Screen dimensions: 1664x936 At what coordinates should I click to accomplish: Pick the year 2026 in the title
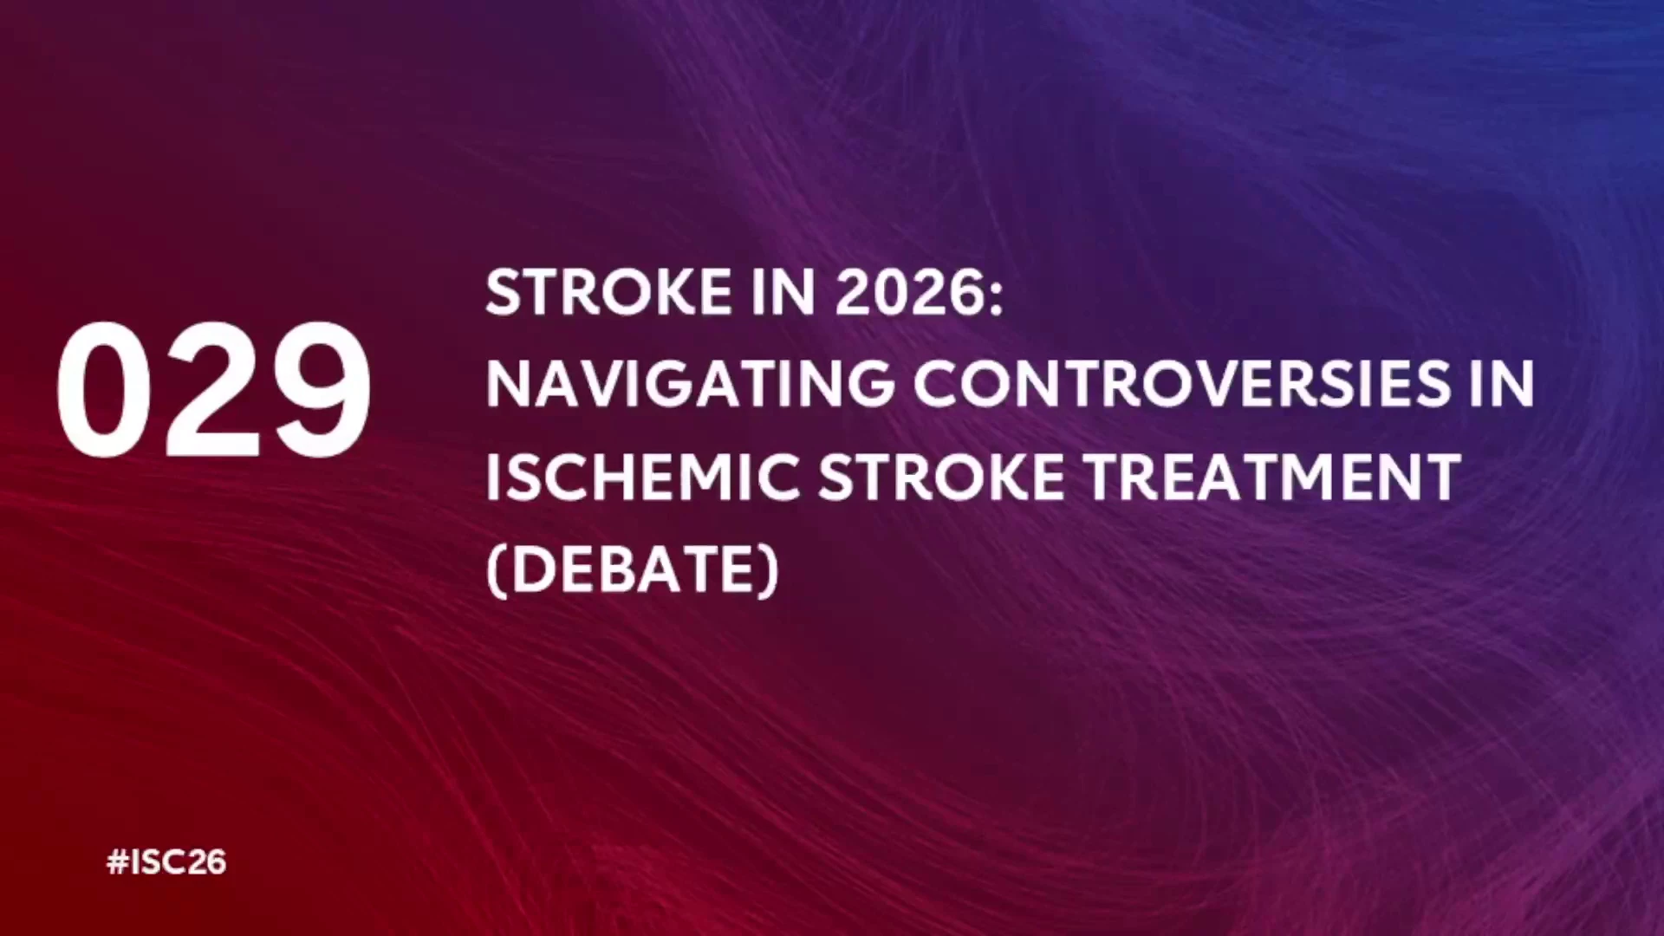[x=907, y=292]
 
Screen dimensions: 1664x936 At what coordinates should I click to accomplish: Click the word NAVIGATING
[x=690, y=384]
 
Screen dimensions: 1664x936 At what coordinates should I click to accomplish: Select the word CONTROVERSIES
[x=1181, y=384]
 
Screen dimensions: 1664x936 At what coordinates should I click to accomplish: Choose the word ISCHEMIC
[x=642, y=477]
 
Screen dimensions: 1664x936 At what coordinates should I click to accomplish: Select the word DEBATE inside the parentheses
[x=634, y=569]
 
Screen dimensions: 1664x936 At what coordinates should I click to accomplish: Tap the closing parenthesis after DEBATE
[x=770, y=571]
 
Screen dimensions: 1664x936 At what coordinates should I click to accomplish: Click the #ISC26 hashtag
[x=166, y=862]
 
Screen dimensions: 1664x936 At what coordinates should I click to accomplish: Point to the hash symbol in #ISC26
[x=117, y=862]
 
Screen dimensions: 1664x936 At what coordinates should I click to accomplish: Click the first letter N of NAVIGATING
[x=507, y=384]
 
